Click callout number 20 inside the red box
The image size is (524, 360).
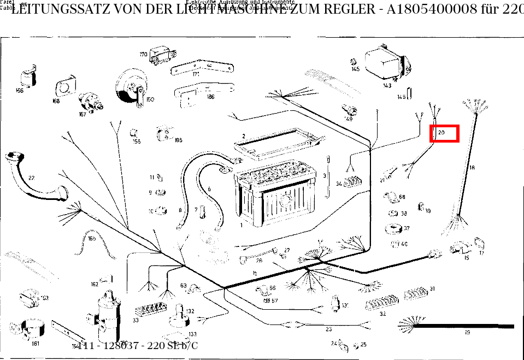pos(441,133)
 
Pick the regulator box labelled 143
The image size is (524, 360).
pos(385,63)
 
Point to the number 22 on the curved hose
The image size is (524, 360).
pos(31,178)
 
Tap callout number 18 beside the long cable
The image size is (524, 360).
pos(472,168)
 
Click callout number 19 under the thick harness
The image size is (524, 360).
pos(467,332)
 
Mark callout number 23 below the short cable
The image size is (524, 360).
pos(328,329)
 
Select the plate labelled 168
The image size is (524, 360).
pos(65,87)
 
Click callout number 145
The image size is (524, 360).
pos(356,69)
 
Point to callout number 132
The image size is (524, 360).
pos(190,311)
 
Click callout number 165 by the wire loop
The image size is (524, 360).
pos(92,238)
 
